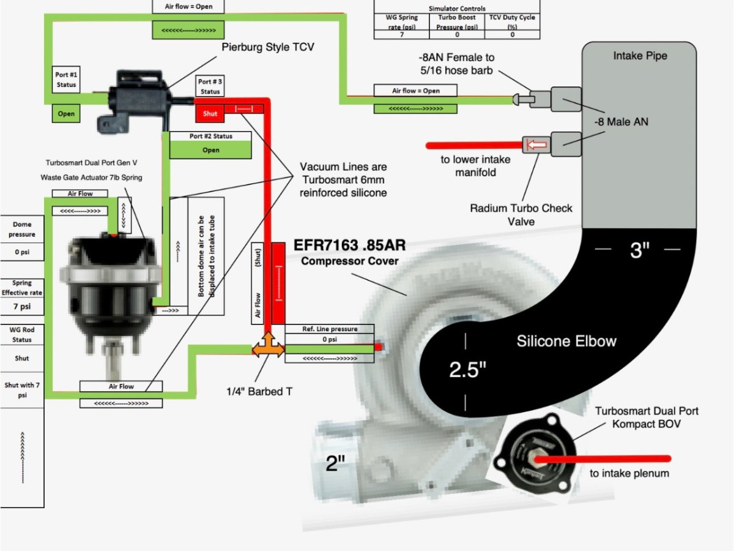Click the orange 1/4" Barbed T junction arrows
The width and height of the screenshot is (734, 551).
click(x=268, y=349)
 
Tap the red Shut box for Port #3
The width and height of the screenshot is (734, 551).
click(x=210, y=113)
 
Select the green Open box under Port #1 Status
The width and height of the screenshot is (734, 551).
click(x=66, y=114)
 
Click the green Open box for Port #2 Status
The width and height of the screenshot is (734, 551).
click(x=210, y=150)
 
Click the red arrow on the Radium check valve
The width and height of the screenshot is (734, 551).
click(x=536, y=146)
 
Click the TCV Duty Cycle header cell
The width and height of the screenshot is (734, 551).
click(x=512, y=21)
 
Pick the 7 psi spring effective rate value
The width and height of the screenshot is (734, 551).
click(x=22, y=306)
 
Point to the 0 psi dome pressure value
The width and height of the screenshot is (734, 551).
click(x=22, y=251)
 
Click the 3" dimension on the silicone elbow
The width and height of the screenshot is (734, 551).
click(x=639, y=250)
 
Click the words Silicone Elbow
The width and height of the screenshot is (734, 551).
click(x=566, y=341)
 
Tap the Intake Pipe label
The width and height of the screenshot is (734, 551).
click(x=640, y=56)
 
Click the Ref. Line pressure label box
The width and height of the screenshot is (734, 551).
click(x=330, y=329)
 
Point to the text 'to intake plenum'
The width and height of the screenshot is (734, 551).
click(x=629, y=473)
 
